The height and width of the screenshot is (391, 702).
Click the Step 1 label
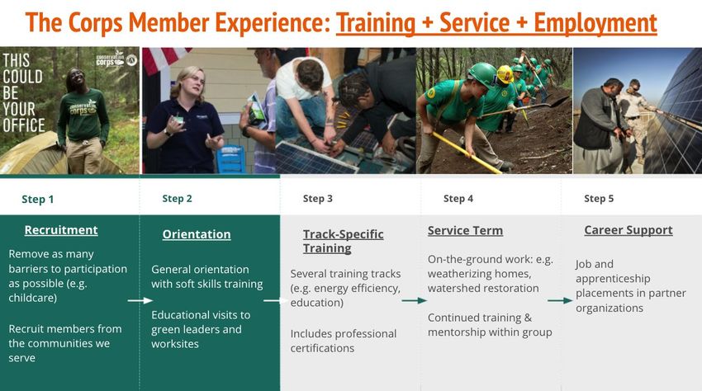38,199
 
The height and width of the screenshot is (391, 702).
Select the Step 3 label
318,199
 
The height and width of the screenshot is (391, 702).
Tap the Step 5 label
599,199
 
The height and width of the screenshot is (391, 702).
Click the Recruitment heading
61,230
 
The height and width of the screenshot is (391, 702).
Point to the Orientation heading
197,234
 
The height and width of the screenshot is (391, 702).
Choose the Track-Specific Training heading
343,241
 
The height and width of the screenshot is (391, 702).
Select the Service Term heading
465,231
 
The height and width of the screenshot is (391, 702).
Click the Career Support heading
628,230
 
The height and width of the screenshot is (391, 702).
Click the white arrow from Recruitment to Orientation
140,300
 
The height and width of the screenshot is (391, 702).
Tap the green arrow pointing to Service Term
414,300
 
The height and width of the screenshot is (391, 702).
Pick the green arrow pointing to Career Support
560,300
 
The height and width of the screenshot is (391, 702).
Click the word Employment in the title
595,23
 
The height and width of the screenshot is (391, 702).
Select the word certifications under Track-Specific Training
322,348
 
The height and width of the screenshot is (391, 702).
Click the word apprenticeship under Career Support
613,279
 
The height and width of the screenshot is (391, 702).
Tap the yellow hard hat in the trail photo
505,73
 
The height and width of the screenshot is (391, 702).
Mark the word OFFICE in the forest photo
24,125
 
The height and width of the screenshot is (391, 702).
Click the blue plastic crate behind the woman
231,160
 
